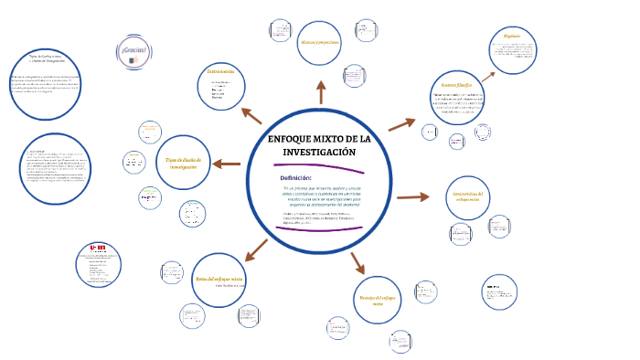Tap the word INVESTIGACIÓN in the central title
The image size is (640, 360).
point(319,151)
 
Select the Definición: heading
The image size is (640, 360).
point(296,177)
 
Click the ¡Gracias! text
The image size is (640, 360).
point(133,48)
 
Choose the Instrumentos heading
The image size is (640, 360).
point(221,70)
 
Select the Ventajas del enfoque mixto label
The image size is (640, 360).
point(377,302)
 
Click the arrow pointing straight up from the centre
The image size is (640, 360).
point(321,92)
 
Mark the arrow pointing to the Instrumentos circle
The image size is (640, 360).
point(251,115)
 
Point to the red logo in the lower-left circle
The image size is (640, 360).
point(96,248)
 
